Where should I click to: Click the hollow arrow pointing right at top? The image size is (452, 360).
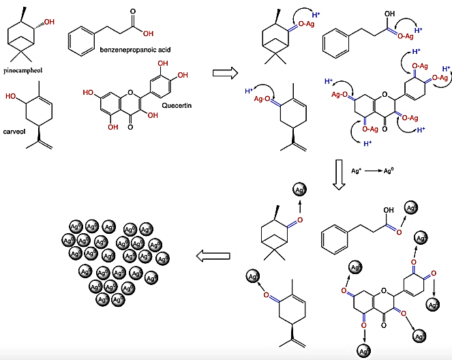click(x=226, y=71)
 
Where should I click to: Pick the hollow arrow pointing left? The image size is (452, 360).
click(x=210, y=256)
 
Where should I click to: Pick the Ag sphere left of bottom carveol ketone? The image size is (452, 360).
click(x=252, y=277)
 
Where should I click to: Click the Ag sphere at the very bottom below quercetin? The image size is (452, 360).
click(x=364, y=351)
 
